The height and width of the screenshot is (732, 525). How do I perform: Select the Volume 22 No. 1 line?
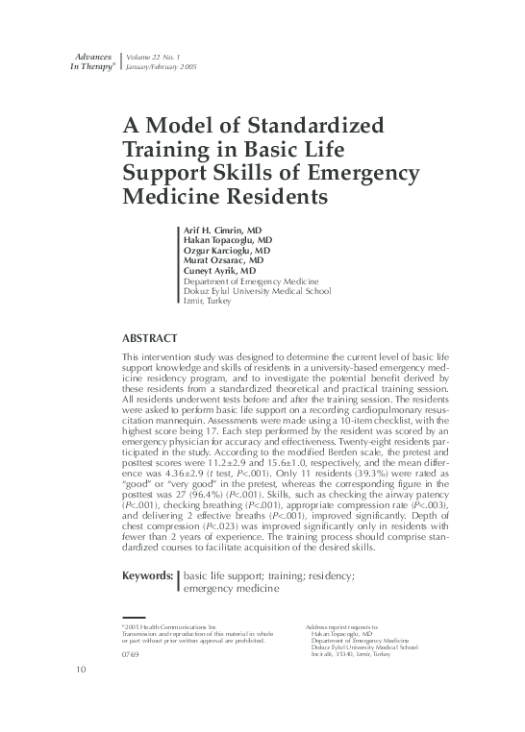[160, 60]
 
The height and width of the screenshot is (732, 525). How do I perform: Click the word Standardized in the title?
[315, 127]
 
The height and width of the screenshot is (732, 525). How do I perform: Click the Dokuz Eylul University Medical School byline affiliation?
[257, 290]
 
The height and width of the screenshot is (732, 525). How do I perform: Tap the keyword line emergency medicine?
[232, 588]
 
